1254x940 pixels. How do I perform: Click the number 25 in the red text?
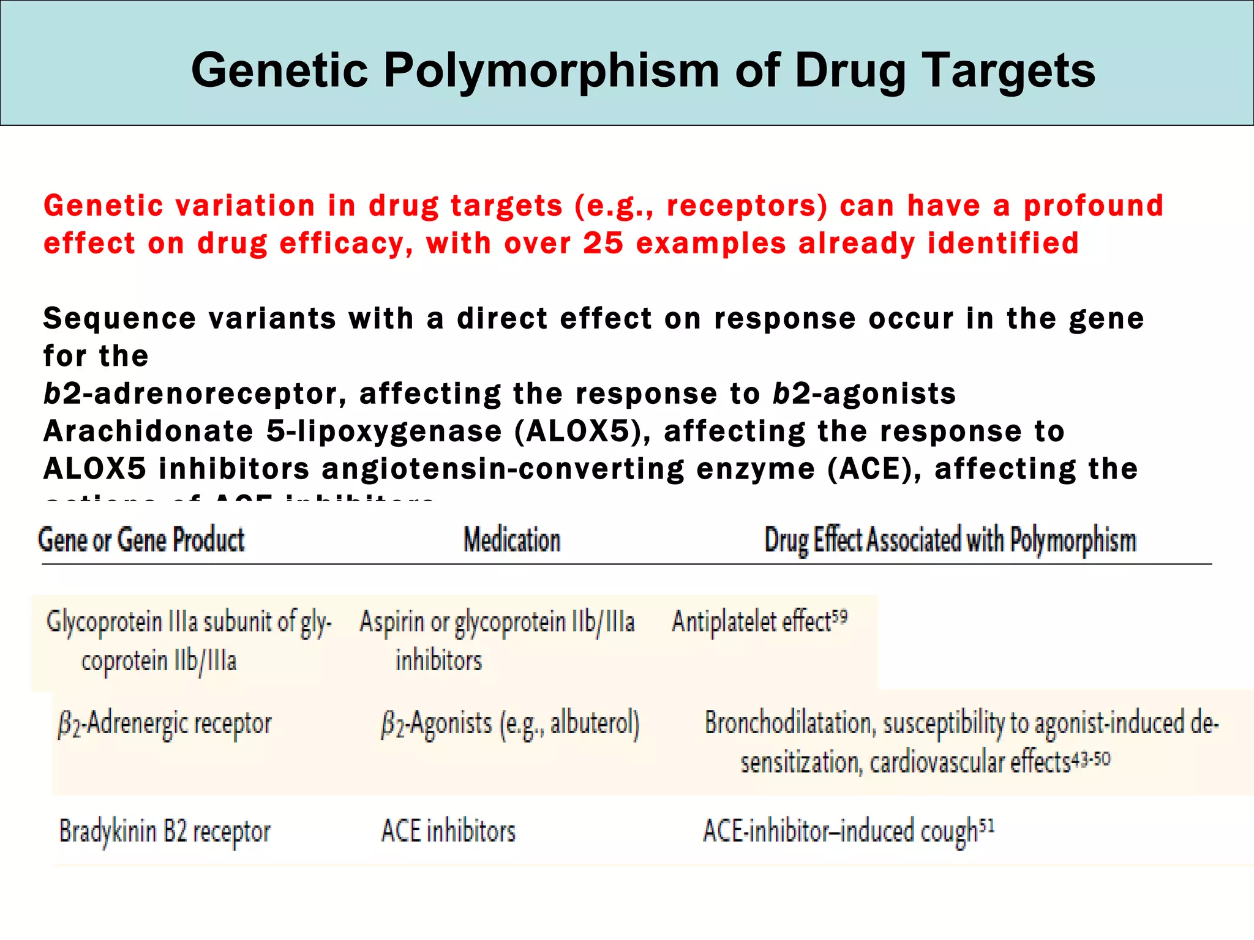[x=603, y=243]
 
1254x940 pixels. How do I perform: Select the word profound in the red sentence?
[x=1094, y=206]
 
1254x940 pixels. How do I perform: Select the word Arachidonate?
[x=148, y=431]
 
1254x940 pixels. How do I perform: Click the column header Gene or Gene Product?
[x=141, y=540]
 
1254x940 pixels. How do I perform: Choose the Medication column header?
[x=512, y=540]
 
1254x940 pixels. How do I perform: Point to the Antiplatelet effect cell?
[x=752, y=622]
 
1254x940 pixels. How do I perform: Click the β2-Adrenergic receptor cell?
[x=165, y=724]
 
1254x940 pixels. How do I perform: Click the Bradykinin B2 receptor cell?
[x=165, y=832]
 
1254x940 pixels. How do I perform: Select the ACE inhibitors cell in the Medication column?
[x=448, y=832]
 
